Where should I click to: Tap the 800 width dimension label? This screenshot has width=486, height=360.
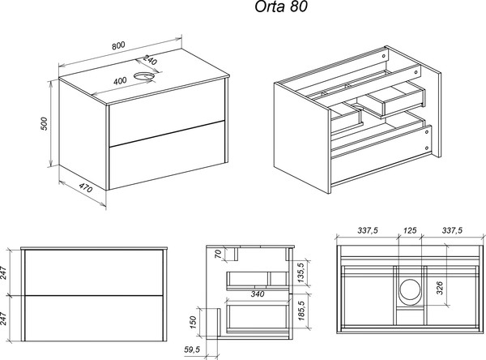tap(130, 47)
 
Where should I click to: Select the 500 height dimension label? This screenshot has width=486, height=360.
tap(46, 124)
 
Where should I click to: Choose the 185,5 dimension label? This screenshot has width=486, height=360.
tap(300, 314)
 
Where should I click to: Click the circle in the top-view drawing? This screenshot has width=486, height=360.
tap(410, 290)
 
